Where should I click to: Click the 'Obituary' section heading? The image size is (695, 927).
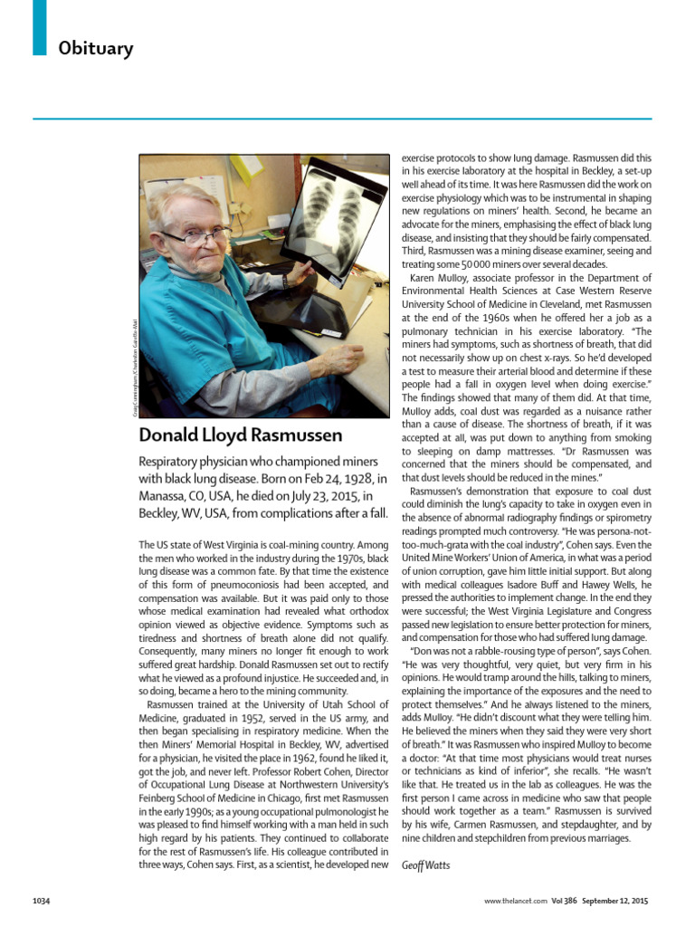point(95,48)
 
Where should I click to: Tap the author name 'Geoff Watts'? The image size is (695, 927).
point(425,865)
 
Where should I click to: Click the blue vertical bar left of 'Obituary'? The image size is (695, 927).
point(39,27)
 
